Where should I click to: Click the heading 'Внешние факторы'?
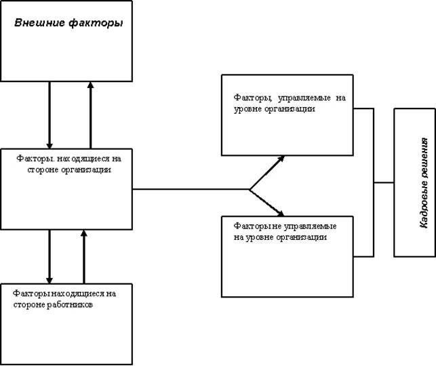click(x=69, y=24)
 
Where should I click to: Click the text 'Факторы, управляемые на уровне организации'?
click(x=289, y=103)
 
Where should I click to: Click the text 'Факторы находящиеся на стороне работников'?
click(x=64, y=299)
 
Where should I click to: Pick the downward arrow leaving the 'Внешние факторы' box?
click(x=49, y=115)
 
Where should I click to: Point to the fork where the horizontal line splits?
click(x=250, y=189)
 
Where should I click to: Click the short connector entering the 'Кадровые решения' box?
click(x=384, y=182)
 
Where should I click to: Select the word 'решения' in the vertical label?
click(x=423, y=157)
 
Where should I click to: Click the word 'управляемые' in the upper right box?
click(x=298, y=98)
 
